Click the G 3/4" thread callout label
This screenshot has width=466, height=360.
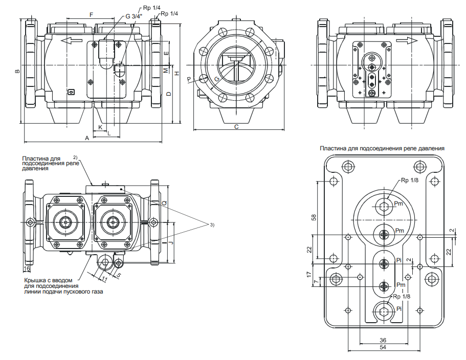coord(134,16)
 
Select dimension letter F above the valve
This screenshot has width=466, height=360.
coord(92,14)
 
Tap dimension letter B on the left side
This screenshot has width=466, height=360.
coord(17,71)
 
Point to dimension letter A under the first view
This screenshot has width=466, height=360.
coord(87,138)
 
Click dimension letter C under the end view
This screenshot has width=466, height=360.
coord(236,127)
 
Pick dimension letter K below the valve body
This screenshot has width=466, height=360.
coord(101,127)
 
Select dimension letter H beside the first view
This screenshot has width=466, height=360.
coord(177,73)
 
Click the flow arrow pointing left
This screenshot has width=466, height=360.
coord(71,41)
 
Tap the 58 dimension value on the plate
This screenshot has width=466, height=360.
coord(314,217)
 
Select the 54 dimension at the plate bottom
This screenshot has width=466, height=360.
coord(383,347)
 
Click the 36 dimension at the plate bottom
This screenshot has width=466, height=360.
coord(383,341)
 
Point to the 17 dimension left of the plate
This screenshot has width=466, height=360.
coord(309,274)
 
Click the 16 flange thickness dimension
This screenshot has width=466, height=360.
coord(27,268)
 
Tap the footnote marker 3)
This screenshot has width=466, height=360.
coord(212,225)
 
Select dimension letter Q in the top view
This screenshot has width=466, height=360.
coord(164,202)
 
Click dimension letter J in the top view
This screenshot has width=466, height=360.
coord(171,243)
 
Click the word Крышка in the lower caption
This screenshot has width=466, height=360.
coord(34,280)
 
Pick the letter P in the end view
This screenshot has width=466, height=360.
coord(189,79)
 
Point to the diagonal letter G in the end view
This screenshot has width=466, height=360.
coord(217,79)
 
